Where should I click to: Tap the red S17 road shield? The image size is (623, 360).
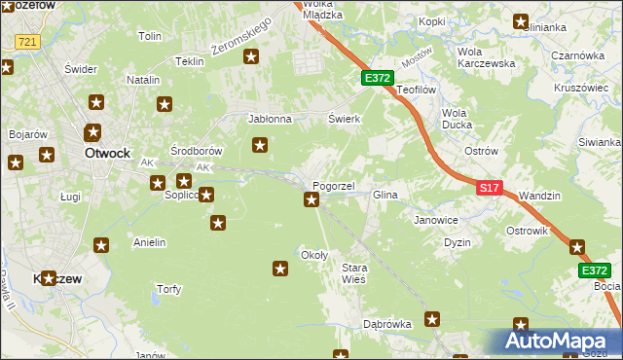[490, 187]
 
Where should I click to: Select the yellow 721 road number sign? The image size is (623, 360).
[26, 42]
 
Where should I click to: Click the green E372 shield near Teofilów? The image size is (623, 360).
[378, 77]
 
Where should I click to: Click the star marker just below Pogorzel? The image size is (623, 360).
[311, 200]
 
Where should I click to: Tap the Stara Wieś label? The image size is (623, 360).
[353, 272]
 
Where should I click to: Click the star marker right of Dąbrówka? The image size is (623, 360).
[433, 318]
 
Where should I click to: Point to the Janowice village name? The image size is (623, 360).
[436, 220]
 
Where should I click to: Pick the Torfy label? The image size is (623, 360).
[168, 289]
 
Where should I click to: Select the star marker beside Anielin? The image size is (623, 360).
[100, 244]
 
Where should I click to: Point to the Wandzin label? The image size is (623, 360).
[539, 196]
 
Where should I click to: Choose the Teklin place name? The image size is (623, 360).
[189, 60]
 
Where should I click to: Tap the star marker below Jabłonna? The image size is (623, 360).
[260, 146]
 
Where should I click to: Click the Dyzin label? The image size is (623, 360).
[458, 242]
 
